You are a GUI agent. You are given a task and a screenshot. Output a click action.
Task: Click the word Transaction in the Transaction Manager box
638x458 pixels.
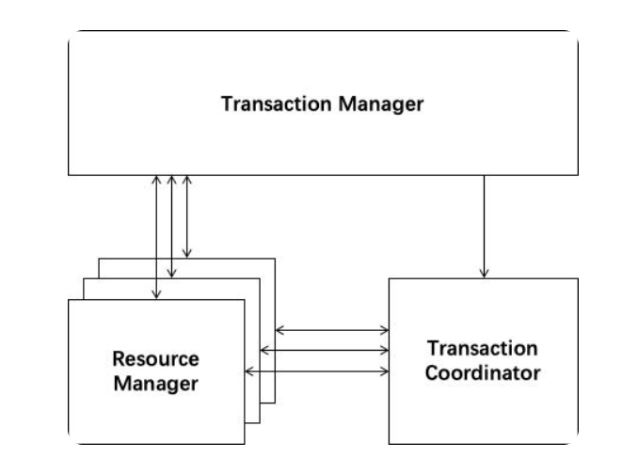pos(271,103)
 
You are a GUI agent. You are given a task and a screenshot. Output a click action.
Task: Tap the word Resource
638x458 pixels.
pos(155,358)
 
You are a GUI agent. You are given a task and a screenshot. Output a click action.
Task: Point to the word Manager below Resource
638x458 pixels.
pos(155,384)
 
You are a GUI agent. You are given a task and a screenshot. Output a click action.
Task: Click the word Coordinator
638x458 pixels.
pos(483,373)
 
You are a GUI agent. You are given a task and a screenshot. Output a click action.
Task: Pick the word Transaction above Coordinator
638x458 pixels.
pos(483,349)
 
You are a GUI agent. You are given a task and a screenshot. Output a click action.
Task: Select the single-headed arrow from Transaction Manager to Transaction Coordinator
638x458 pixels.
pos(484,226)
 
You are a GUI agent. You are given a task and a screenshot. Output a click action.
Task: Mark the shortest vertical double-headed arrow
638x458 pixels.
pos(187,216)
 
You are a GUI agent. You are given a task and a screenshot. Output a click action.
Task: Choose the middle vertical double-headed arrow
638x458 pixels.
pos(171,226)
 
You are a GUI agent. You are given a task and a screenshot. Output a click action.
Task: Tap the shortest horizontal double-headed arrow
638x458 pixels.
pos(332,330)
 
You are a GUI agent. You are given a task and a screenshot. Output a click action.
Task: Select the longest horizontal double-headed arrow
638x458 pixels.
pos(316,371)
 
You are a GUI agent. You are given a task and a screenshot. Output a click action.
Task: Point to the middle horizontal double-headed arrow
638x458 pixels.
pos(324,350)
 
